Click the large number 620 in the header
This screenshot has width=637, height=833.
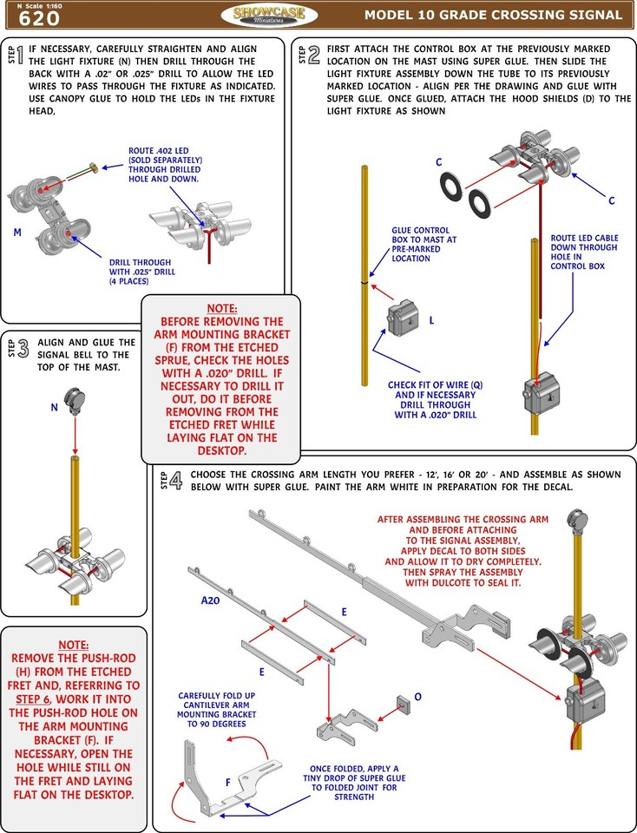coord(39,17)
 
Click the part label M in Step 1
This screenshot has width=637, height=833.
coord(17,233)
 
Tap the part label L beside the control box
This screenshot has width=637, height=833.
coord(431,320)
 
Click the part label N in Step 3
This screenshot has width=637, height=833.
coord(54,406)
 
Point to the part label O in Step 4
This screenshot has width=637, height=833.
coord(418,696)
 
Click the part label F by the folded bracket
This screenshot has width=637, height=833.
coord(227,782)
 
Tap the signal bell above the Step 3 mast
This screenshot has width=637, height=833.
coord(76,401)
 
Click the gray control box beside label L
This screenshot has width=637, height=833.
coord(402,318)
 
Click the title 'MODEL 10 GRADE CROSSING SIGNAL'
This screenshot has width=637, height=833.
coord(493,15)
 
